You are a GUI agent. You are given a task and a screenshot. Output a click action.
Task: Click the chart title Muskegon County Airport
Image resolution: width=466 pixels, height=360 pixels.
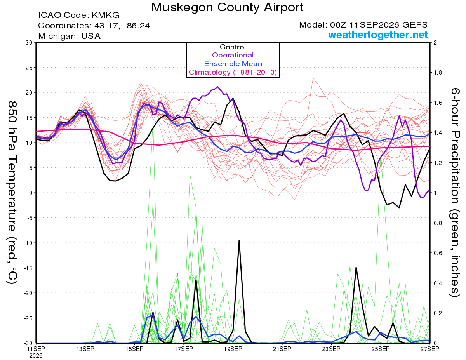pyautogui.click(x=227, y=7)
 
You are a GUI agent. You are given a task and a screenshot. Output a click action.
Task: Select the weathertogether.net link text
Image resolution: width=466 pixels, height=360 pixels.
pyautogui.click(x=378, y=35)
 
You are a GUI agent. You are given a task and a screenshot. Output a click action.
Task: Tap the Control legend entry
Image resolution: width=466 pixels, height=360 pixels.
pyautogui.click(x=233, y=47)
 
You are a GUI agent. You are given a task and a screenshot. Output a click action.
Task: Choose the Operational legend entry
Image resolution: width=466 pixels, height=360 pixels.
pyautogui.click(x=233, y=55)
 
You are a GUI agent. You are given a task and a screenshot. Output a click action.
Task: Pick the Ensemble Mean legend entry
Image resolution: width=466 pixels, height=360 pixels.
pyautogui.click(x=233, y=64)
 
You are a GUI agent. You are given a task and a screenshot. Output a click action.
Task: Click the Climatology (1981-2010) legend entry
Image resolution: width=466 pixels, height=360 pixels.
pyautogui.click(x=233, y=72)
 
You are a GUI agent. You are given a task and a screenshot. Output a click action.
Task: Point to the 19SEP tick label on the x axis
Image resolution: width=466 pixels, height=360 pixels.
pyautogui.click(x=233, y=349)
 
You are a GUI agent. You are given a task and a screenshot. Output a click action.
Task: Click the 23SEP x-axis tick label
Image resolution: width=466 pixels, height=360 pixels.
pyautogui.click(x=331, y=349)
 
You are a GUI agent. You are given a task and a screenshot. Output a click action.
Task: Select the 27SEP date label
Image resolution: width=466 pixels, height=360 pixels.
pyautogui.click(x=429, y=349)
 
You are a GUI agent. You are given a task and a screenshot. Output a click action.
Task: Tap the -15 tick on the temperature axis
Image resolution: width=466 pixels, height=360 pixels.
pyautogui.click(x=28, y=268)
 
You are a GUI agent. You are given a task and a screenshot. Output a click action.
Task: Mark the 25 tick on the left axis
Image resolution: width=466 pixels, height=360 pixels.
pyautogui.click(x=29, y=68)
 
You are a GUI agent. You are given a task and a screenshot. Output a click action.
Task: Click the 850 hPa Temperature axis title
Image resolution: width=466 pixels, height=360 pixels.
pyautogui.click(x=12, y=193)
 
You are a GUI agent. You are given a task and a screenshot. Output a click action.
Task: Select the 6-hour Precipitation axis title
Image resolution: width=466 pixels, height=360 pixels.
pyautogui.click(x=455, y=193)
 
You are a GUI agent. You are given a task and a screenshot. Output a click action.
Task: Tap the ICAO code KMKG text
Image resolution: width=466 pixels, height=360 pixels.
pyautogui.click(x=79, y=15)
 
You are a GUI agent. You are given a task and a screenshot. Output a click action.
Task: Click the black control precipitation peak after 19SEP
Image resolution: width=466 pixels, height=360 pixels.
pyautogui.click(x=239, y=240)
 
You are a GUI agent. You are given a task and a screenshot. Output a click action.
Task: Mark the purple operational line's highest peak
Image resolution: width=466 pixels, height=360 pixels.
pyautogui.click(x=218, y=87)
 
